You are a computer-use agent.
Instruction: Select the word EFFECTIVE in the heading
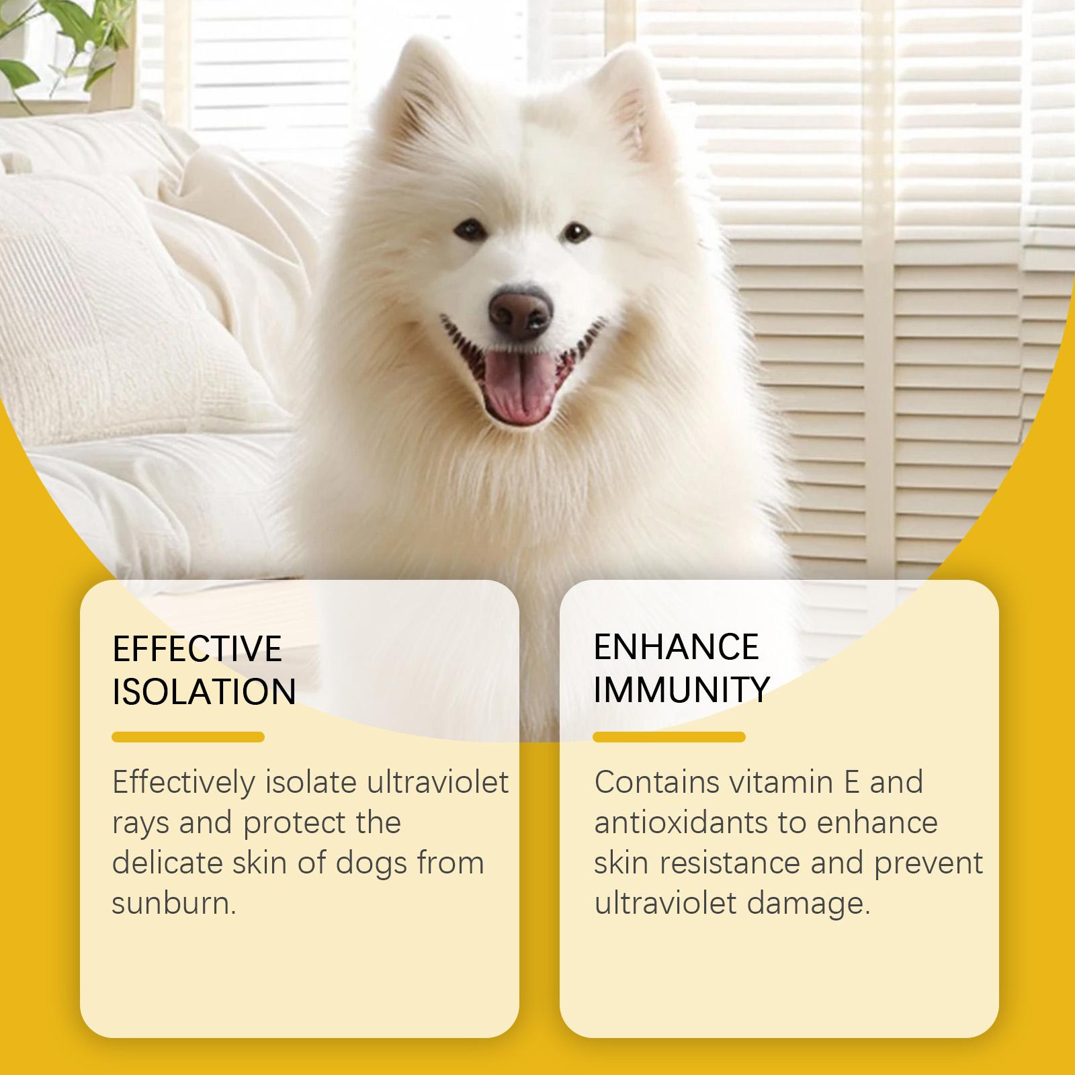click(x=197, y=648)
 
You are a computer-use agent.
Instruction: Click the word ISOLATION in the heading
click(x=204, y=691)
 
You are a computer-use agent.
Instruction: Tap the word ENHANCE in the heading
click(x=676, y=646)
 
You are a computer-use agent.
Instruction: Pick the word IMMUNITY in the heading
click(x=681, y=689)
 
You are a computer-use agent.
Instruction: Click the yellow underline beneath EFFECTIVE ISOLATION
click(x=188, y=737)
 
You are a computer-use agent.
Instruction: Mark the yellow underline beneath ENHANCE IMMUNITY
click(x=669, y=737)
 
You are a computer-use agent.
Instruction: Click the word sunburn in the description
click(x=174, y=903)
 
